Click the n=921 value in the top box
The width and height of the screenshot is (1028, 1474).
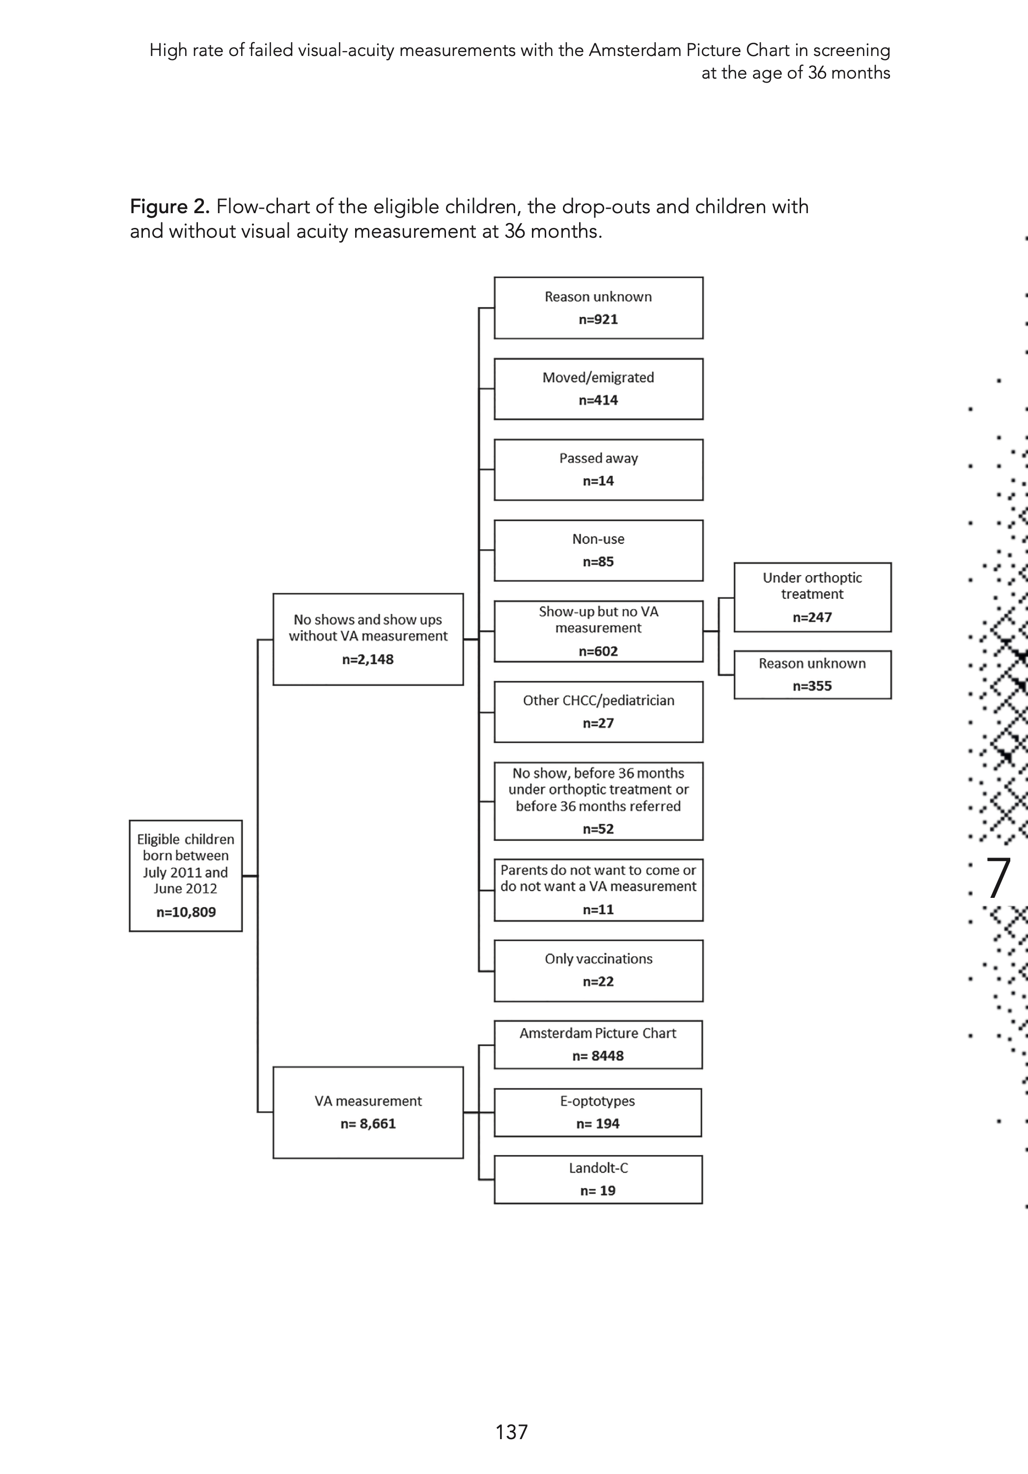click(598, 320)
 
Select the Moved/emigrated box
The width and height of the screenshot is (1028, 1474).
click(598, 389)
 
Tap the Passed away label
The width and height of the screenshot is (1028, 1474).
click(598, 458)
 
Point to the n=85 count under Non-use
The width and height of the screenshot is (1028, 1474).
click(598, 562)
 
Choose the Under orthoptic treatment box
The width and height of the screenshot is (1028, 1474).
click(812, 597)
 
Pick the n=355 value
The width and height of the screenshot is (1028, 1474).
click(812, 686)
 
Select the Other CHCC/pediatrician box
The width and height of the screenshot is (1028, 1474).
click(598, 712)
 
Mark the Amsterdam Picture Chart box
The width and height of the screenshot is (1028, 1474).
click(598, 1045)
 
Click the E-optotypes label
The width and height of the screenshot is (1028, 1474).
click(598, 1101)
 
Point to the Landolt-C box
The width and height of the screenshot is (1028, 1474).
click(598, 1179)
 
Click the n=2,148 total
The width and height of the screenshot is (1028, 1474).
click(368, 659)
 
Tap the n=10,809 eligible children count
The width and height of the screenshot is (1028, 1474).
click(186, 912)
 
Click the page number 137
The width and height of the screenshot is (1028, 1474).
click(512, 1432)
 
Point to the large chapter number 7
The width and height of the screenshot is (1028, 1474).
click(998, 878)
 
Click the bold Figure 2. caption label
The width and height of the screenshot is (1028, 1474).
click(169, 207)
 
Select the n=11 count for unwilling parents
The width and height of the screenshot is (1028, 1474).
click(598, 910)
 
